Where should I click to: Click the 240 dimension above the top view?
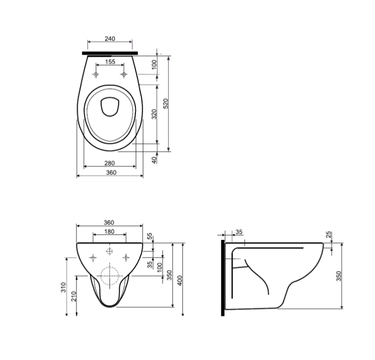tap(110, 39)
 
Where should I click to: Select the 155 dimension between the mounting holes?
tap(110, 62)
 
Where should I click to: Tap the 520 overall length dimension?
tap(166, 104)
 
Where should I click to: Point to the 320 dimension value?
tap(154, 114)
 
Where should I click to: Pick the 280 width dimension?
tap(109, 163)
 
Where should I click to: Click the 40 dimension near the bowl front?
tap(154, 160)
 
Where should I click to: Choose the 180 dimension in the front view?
tap(109, 232)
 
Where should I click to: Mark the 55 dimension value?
tap(149, 236)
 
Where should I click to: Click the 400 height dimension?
tap(180, 280)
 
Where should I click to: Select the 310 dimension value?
tap(63, 287)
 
